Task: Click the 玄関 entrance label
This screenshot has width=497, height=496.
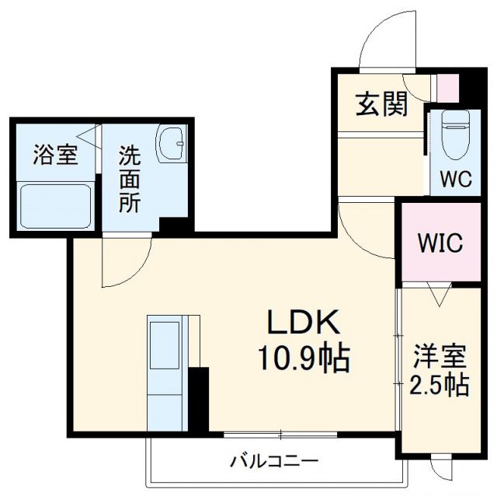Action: coord(382,104)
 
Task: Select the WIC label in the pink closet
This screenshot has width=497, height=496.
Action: coord(440,243)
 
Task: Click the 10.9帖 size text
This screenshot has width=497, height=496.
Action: coord(304,358)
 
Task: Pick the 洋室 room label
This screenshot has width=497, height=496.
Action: coord(440,357)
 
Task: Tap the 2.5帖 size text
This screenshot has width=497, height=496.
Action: coord(440,385)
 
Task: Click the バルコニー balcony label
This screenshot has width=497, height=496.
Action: coord(273,460)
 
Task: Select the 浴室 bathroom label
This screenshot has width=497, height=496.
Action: coord(54,155)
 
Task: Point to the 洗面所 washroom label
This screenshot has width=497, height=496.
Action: coord(129,180)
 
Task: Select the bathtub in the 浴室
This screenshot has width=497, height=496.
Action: coord(54,206)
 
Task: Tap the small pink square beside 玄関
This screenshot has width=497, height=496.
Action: coord(447,86)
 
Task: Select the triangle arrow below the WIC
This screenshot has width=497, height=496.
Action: coord(440,295)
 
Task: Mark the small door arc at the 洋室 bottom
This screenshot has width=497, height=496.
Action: coord(441,470)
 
